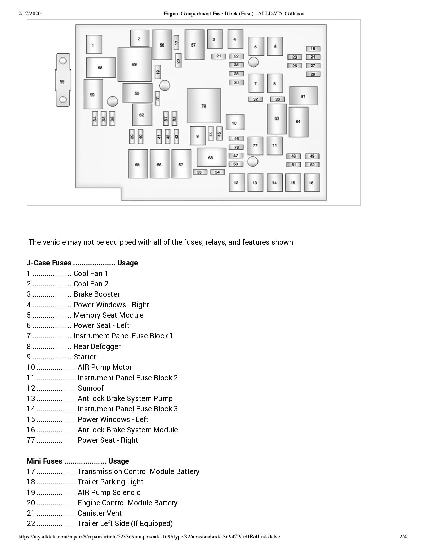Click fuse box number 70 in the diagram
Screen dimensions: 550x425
point(204,106)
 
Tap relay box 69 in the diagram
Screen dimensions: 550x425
point(134,64)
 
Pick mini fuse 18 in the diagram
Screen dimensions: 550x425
point(313,49)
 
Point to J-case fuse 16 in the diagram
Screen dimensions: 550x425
point(311,183)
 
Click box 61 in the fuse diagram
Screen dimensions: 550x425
point(303,96)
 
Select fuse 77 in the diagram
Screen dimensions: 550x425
point(255,145)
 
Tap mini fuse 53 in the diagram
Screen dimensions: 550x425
point(200,172)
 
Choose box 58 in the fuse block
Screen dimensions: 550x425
point(100,68)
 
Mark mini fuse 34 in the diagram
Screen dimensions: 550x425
point(95,118)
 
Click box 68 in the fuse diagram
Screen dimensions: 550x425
point(211,157)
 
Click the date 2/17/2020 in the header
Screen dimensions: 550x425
point(30,14)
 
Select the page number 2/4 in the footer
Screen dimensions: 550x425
point(403,537)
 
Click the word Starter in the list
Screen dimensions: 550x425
point(85,357)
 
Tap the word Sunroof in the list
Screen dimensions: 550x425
point(91,388)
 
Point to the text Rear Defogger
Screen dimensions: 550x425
point(97,347)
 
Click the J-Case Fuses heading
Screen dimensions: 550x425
point(49,263)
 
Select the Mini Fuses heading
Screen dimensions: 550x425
point(44,461)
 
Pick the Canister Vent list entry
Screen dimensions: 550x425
point(99,513)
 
